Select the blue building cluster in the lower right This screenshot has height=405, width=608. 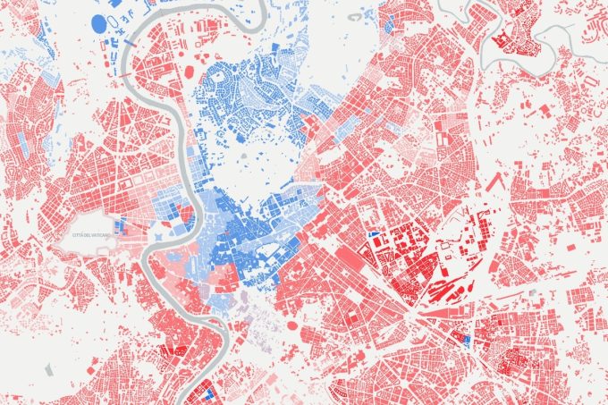click(465, 341)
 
